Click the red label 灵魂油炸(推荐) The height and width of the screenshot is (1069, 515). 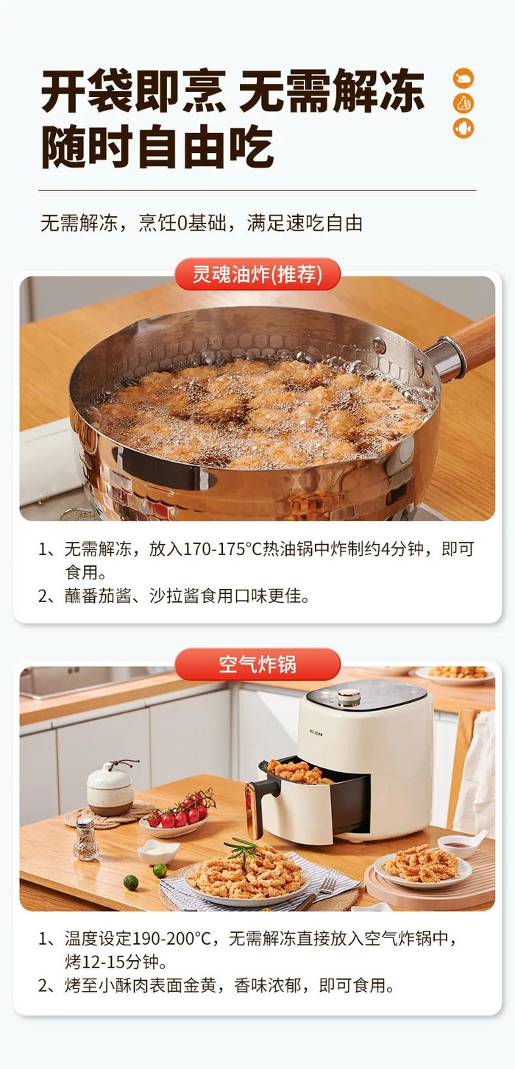pos(257,274)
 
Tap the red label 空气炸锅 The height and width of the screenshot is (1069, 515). pos(257,664)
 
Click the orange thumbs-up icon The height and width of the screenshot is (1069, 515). pos(464,103)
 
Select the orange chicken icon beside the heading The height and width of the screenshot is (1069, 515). pos(464,78)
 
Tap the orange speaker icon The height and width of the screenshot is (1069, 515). pos(464,128)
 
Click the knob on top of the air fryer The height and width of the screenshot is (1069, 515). pos(349,698)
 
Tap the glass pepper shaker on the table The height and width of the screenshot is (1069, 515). pos(85,838)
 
